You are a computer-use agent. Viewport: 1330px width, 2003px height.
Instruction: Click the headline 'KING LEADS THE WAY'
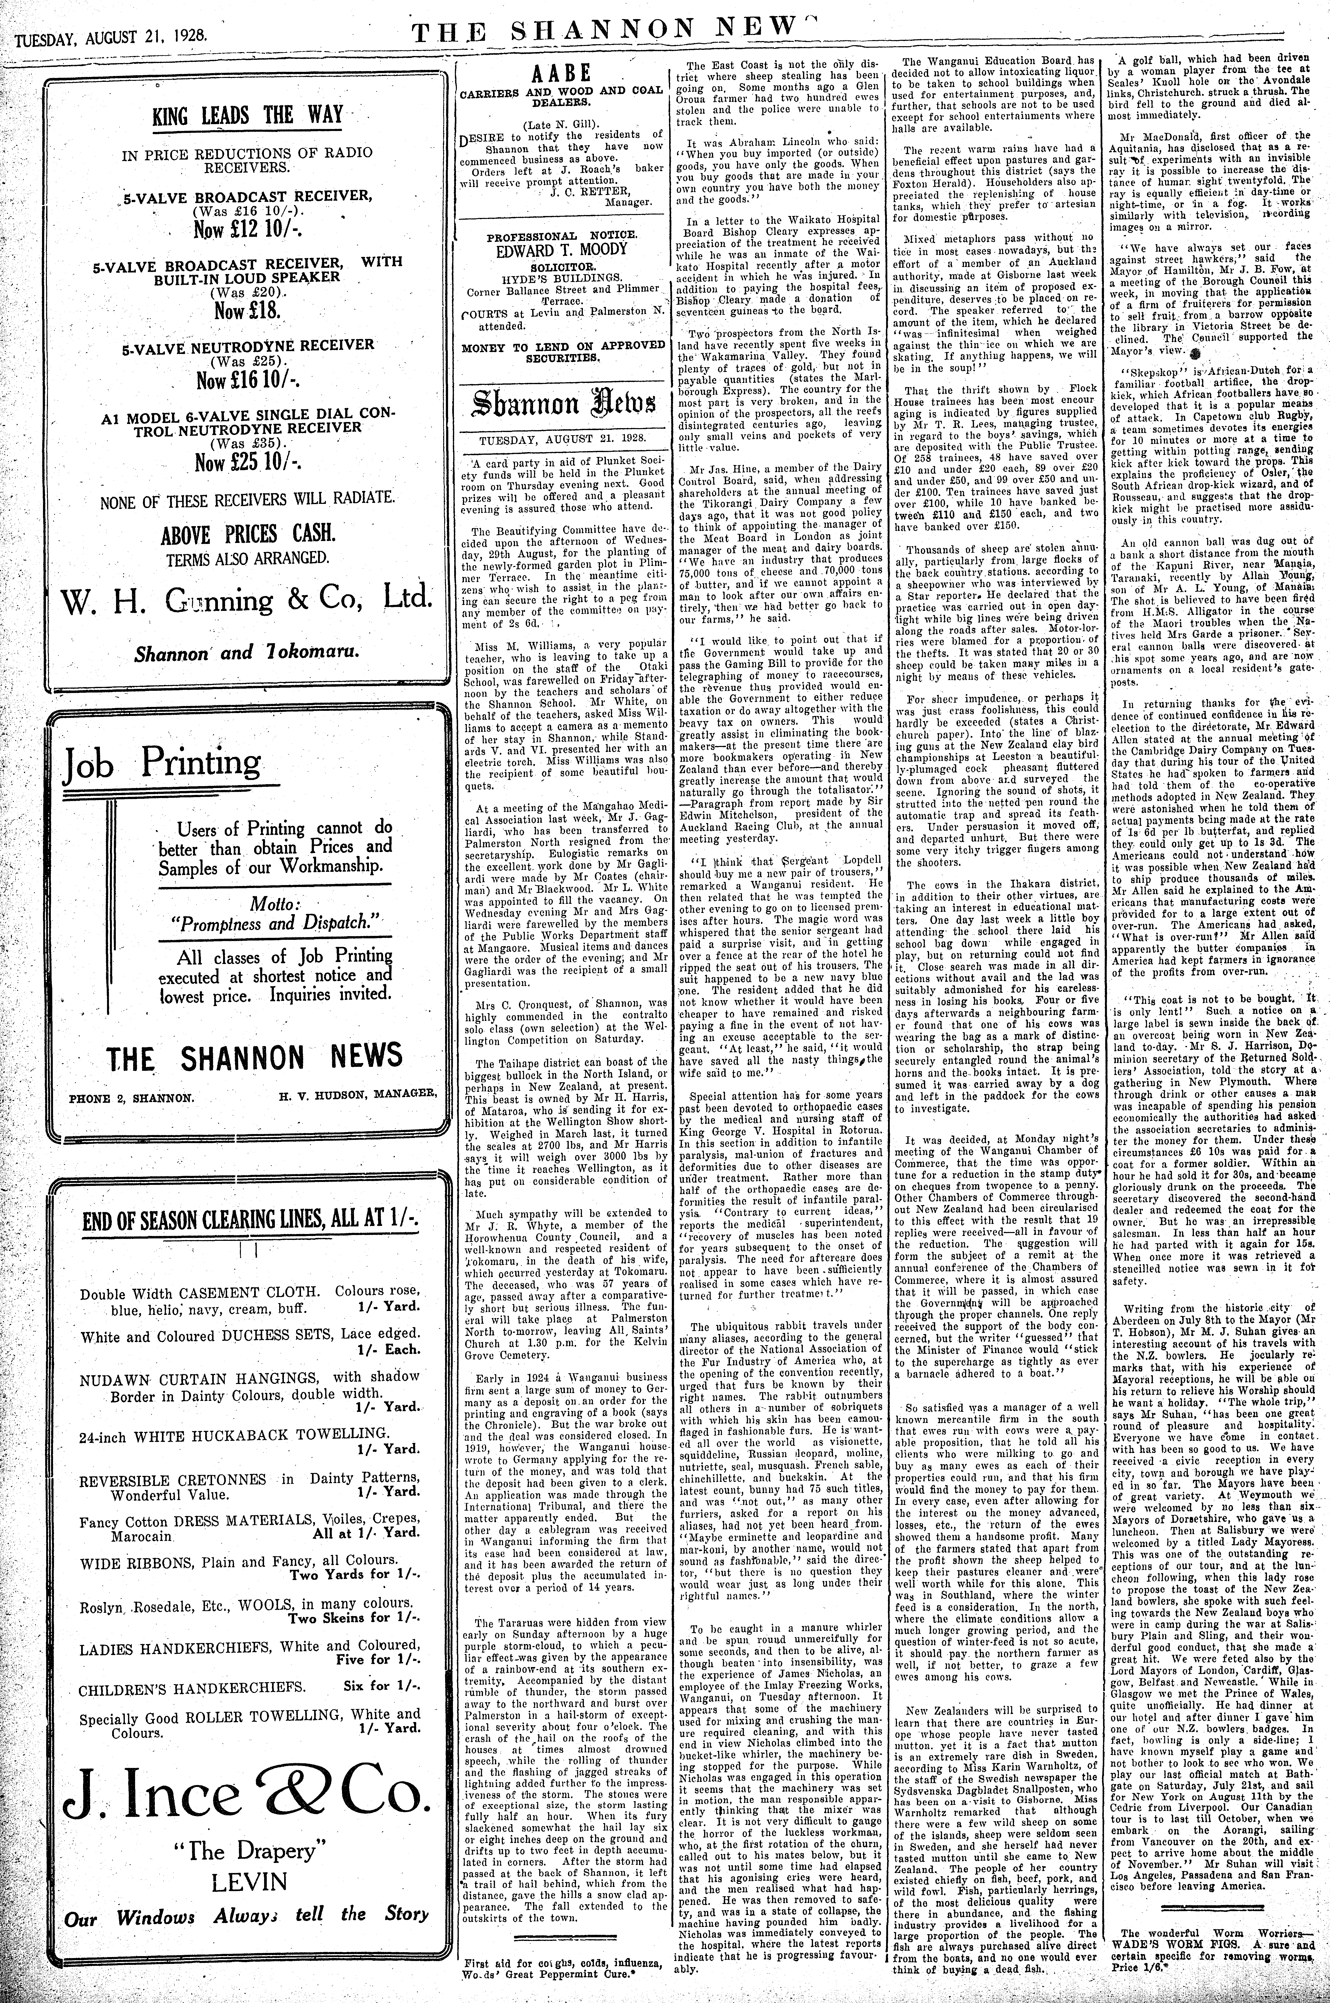click(247, 115)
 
